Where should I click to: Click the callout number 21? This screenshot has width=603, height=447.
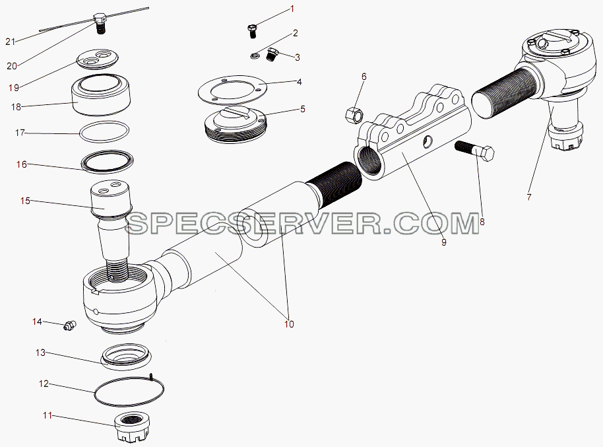11,41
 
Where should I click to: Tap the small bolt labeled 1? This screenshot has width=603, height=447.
252,31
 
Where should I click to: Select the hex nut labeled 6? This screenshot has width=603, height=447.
354,114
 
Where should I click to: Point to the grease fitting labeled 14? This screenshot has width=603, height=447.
70,326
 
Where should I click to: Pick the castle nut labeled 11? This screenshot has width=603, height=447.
133,428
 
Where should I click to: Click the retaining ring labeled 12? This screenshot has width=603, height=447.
129,392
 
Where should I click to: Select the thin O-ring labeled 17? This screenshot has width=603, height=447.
104,131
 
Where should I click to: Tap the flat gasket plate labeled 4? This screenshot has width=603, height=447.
234,90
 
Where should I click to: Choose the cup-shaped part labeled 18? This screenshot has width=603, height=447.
101,95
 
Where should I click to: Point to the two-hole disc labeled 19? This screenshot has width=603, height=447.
97,59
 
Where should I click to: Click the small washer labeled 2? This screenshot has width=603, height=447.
253,57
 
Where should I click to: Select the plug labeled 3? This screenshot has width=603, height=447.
272,53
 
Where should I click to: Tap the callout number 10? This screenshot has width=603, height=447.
289,324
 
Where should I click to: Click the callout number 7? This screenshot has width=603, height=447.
528,197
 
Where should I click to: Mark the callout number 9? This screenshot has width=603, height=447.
444,242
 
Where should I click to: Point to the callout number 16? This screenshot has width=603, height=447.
22,165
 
